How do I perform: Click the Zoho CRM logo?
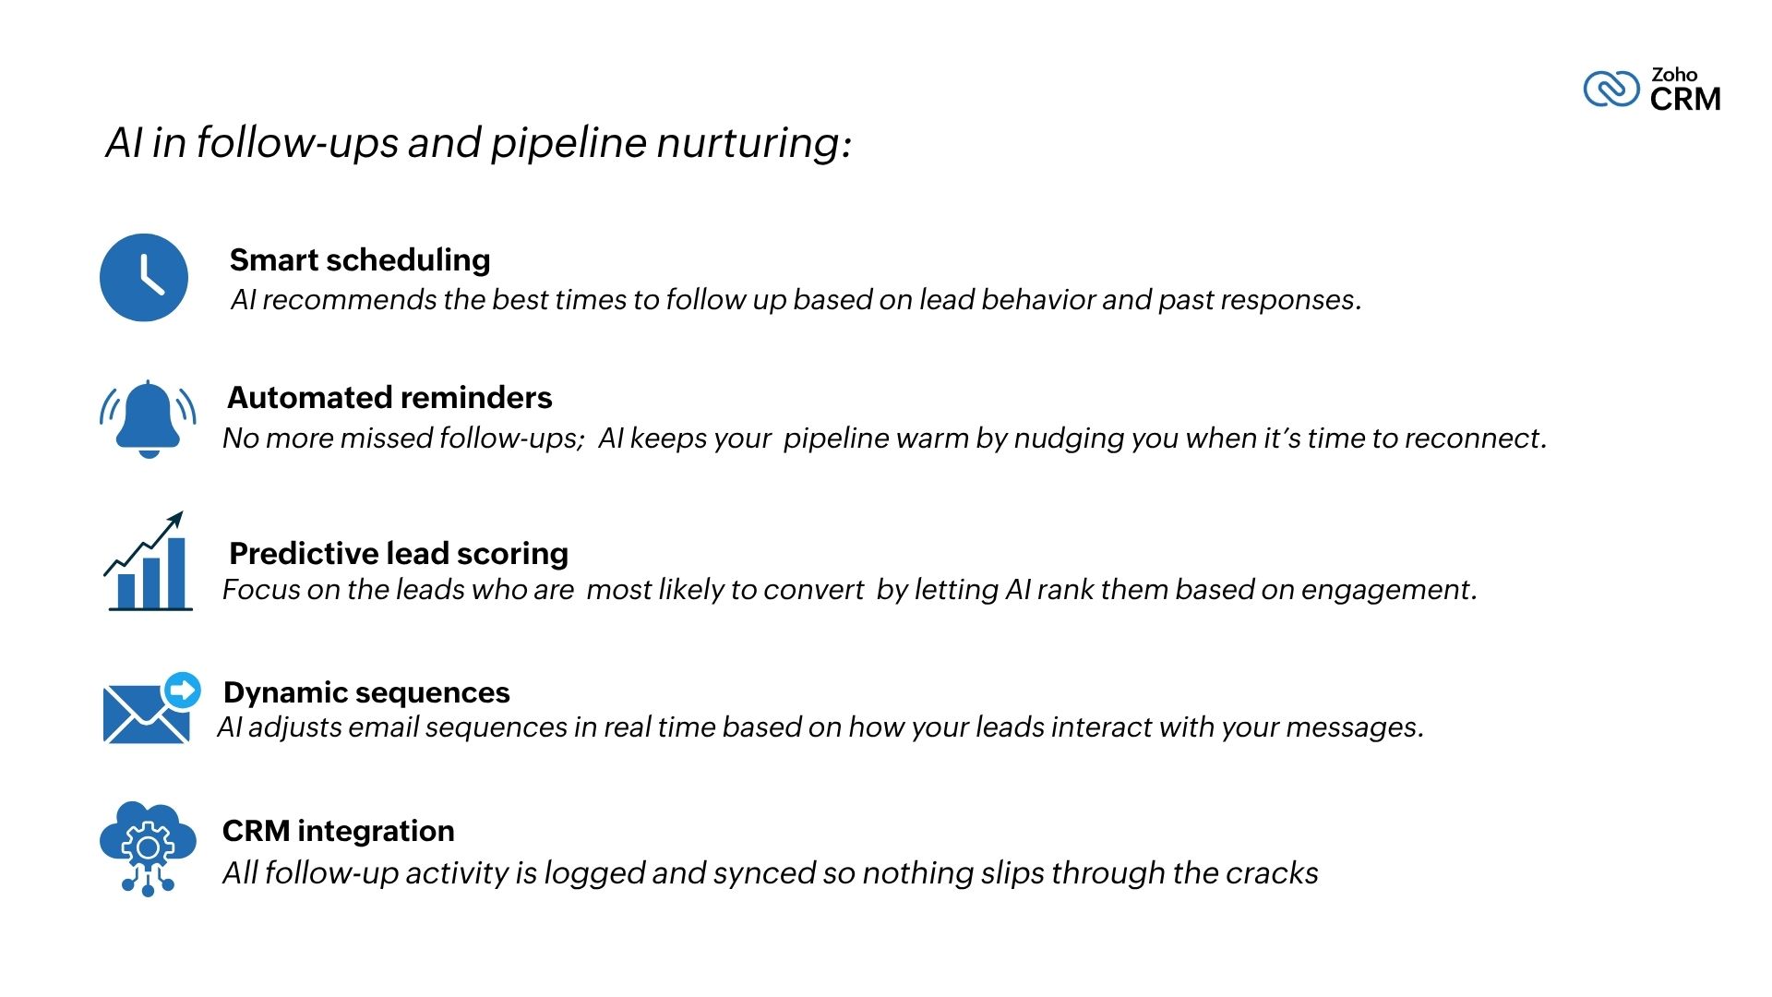coord(1652,90)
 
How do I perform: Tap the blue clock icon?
coord(144,278)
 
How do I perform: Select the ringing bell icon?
coord(148,419)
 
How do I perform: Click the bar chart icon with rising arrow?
coord(148,561)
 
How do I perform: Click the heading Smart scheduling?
coord(360,260)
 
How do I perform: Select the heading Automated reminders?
coord(389,398)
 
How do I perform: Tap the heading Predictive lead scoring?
coord(399,554)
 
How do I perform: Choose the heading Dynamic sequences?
coord(366,692)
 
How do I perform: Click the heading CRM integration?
coord(339,831)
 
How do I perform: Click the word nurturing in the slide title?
coord(754,144)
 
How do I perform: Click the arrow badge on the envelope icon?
coord(182,690)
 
